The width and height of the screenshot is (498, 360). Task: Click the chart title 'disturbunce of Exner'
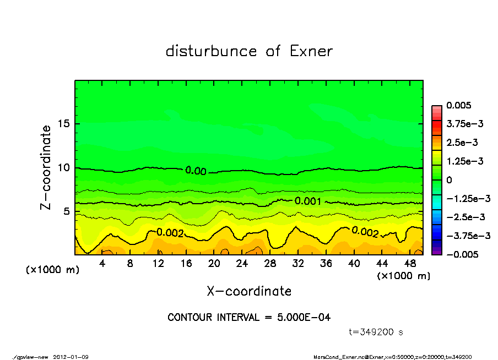tap(249, 52)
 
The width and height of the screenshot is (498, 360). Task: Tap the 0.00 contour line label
tap(196, 171)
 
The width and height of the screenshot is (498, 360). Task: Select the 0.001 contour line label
tap(308, 201)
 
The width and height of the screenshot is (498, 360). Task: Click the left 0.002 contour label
tap(170, 233)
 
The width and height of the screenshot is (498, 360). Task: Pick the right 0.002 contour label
tap(365, 232)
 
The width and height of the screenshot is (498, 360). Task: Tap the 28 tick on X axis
tap(270, 264)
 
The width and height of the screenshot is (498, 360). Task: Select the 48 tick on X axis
tap(409, 264)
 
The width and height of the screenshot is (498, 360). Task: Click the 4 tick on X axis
tap(102, 264)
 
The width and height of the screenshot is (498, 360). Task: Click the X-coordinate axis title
tap(249, 291)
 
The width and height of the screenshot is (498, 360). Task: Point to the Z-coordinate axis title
tap(46, 167)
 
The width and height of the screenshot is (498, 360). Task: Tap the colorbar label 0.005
tap(459, 105)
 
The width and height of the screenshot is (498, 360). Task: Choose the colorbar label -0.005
tap(462, 254)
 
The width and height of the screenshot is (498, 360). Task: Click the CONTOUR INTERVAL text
tap(249, 318)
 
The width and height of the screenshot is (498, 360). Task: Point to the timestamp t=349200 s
tap(376, 332)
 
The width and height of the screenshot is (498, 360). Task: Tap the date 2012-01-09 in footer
tap(71, 357)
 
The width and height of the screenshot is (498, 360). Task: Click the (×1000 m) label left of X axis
tap(51, 270)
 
